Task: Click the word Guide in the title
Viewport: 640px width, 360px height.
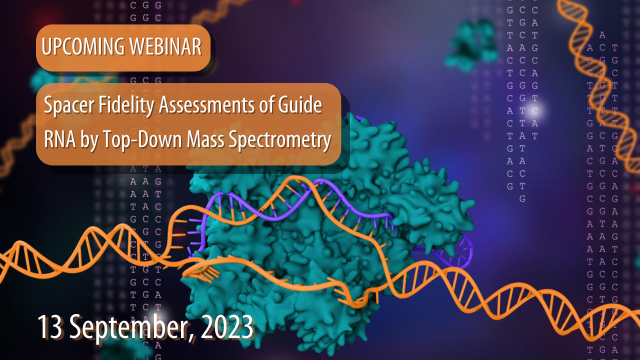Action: coord(299,106)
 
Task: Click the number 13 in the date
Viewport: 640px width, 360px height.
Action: coord(50,327)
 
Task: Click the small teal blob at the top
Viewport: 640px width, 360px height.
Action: coord(470,44)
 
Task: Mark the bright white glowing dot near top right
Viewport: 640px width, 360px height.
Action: coord(539,109)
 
